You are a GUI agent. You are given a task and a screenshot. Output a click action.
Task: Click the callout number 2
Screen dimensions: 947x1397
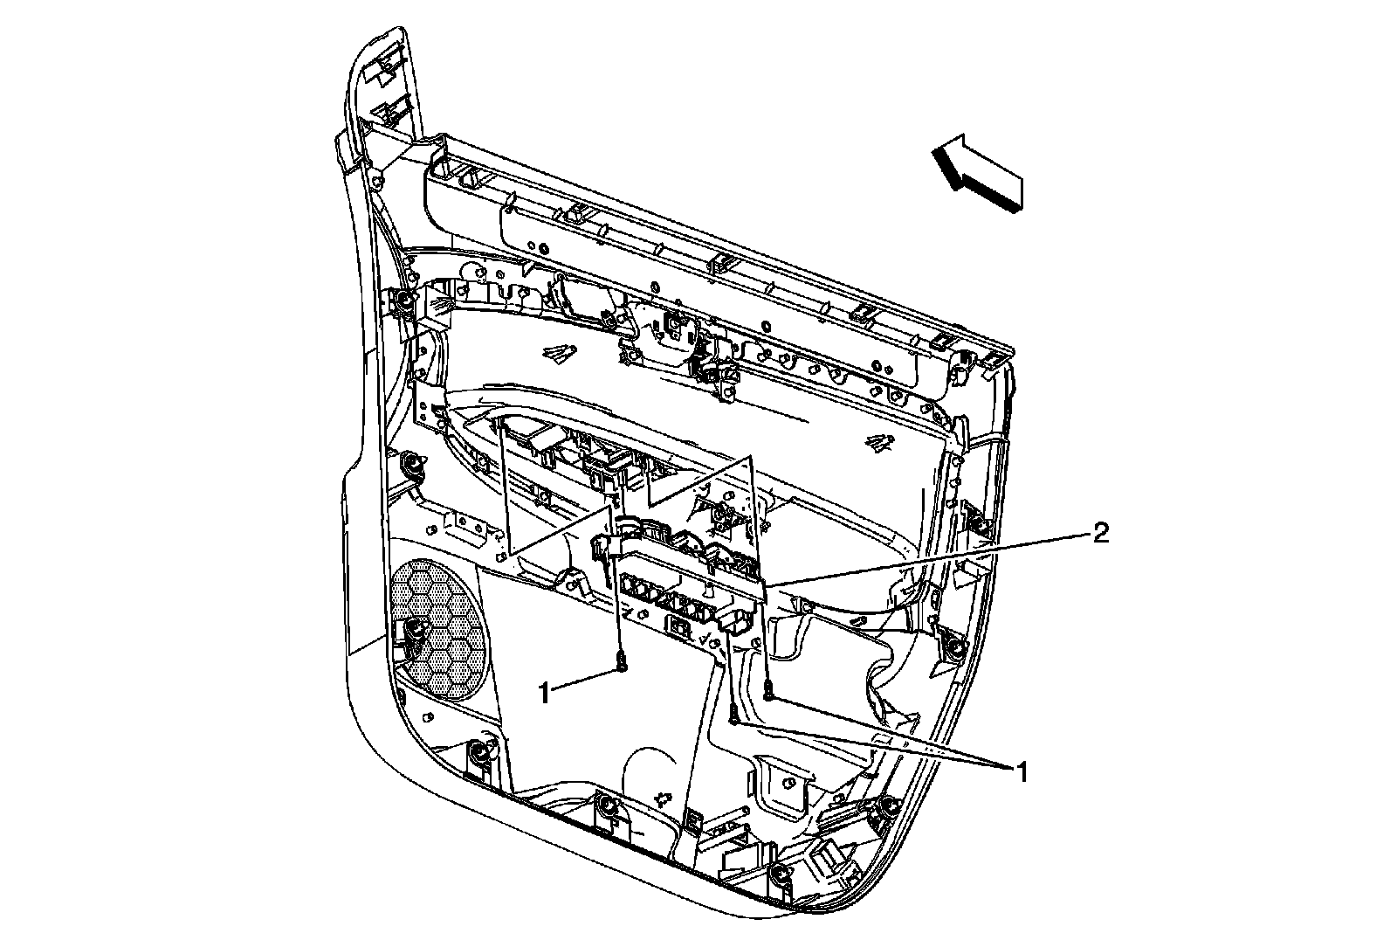click(1101, 533)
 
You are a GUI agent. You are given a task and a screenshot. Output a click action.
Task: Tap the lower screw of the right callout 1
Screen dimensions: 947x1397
click(734, 718)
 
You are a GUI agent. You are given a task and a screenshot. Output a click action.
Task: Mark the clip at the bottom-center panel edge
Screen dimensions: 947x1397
click(607, 805)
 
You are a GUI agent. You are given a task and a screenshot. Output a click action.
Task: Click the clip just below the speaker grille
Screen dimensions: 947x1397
click(478, 753)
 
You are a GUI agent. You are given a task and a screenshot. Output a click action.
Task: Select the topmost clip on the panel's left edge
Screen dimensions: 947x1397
click(404, 301)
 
